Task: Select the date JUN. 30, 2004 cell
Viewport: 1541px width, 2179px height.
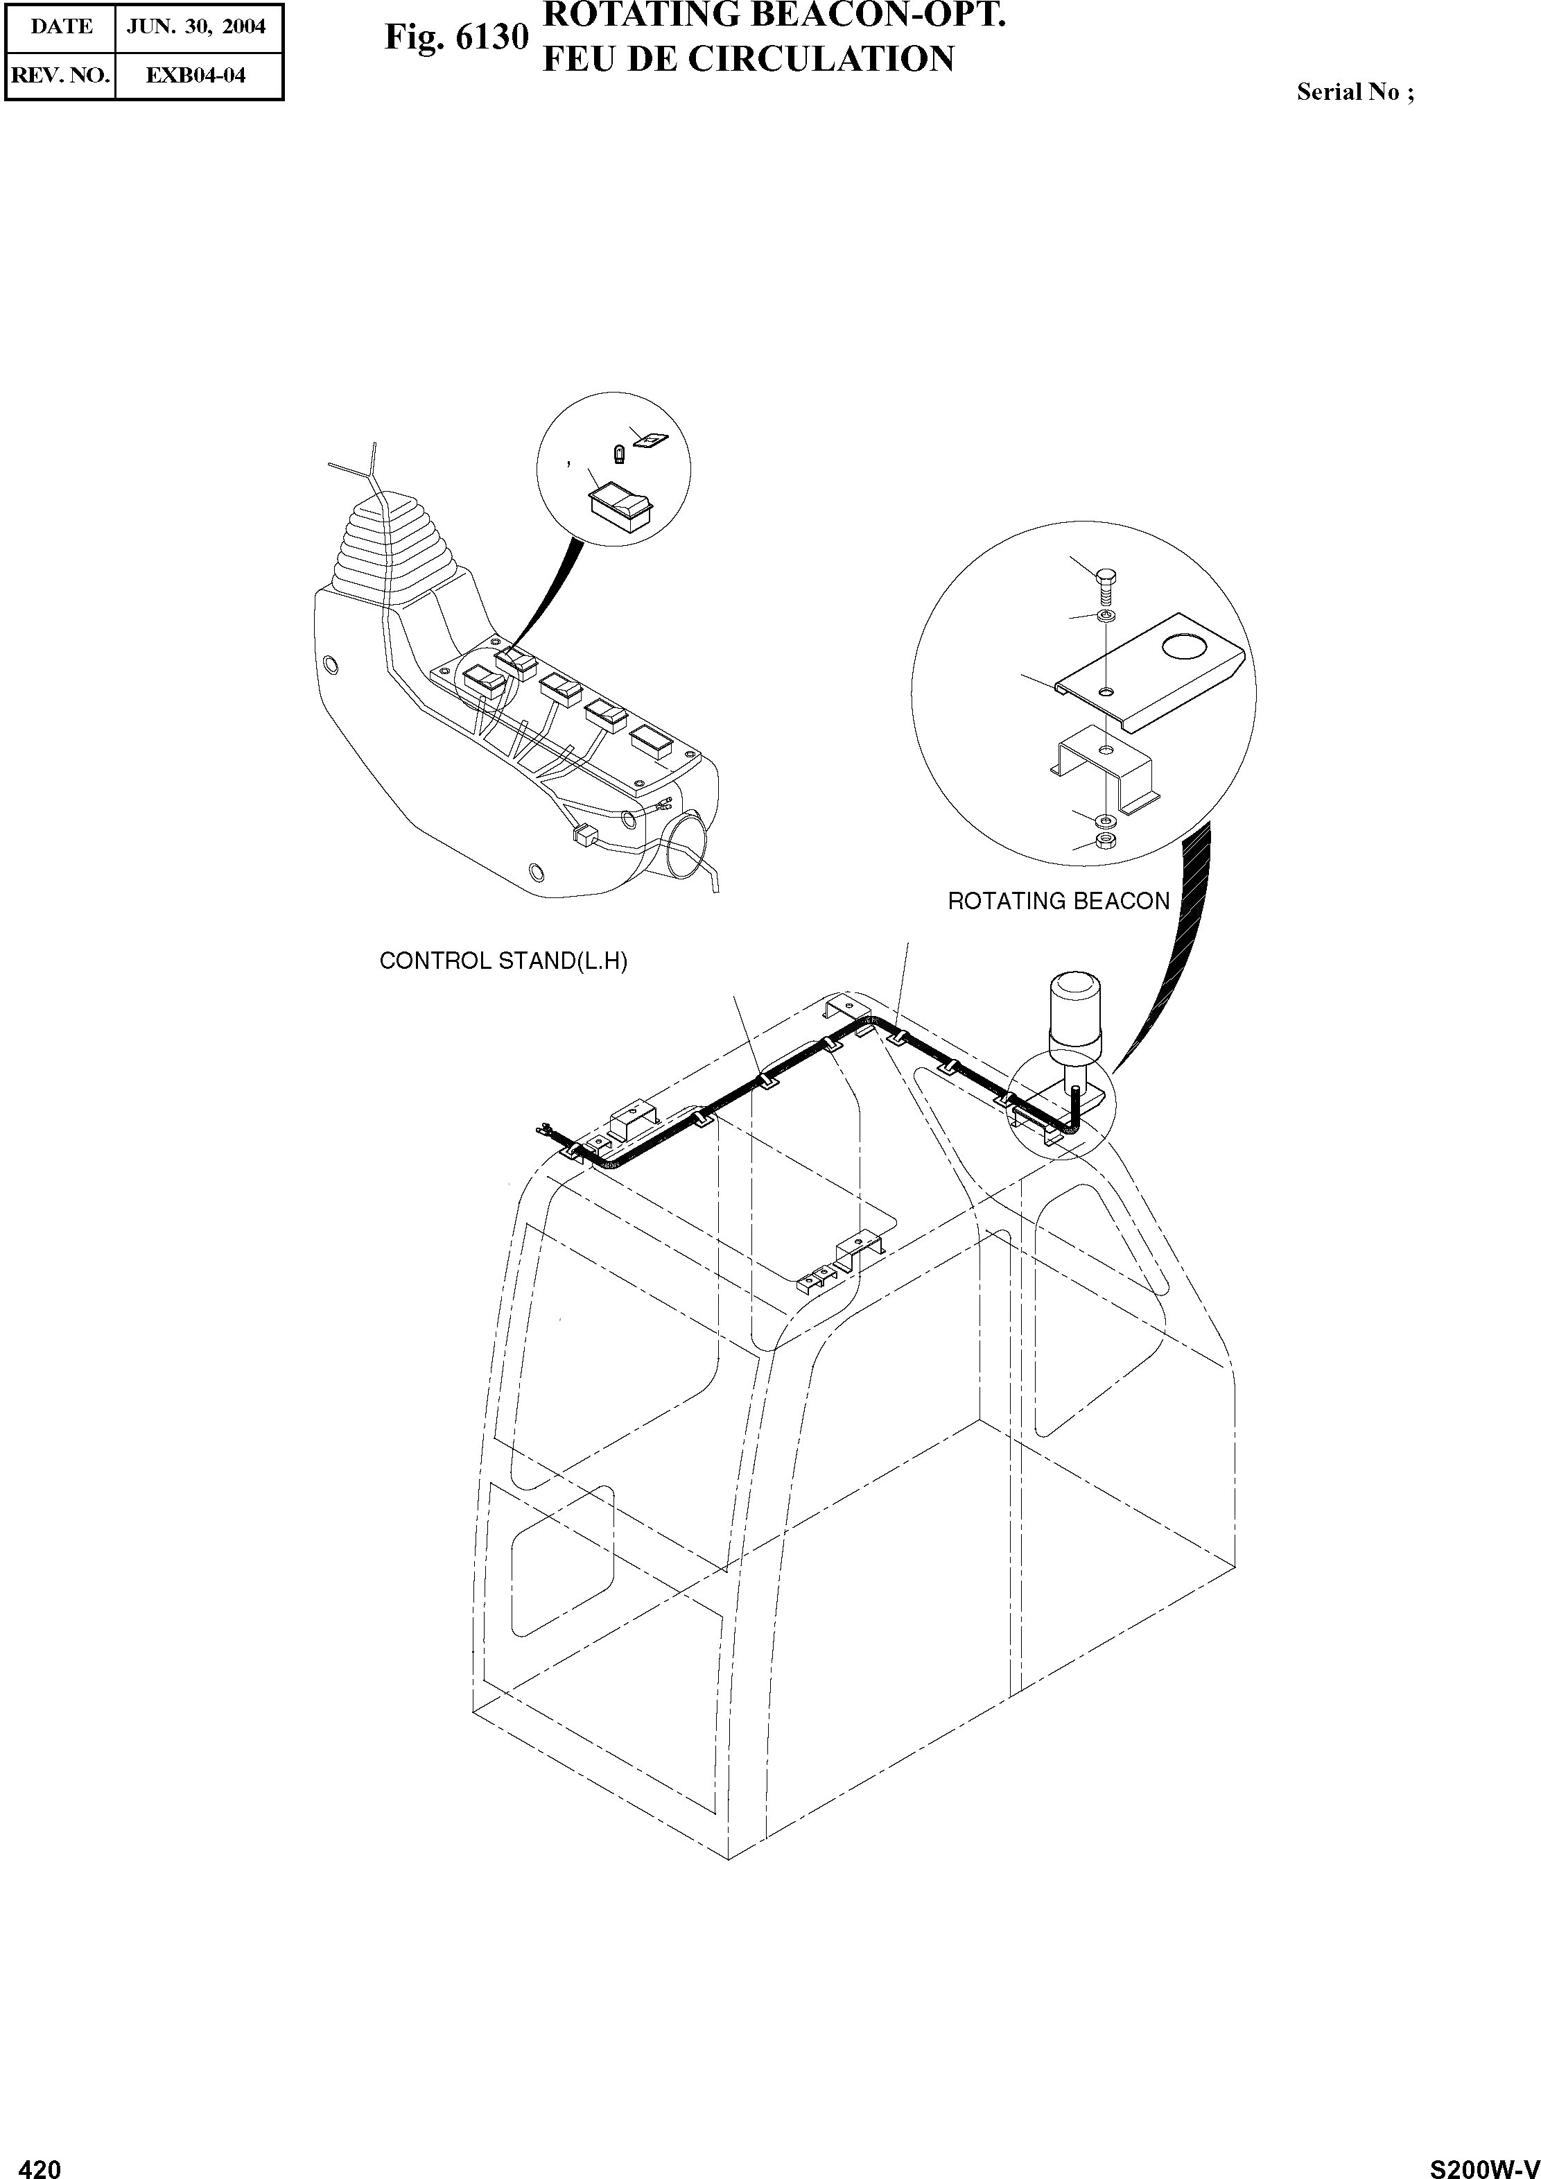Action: pos(198,26)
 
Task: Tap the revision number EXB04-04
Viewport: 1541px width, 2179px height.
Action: pos(198,76)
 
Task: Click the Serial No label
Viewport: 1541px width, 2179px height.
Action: pos(1355,92)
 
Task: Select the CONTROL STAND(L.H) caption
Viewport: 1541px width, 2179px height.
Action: pos(503,961)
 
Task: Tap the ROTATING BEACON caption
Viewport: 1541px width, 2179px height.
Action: pos(1058,902)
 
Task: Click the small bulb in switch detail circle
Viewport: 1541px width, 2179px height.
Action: pos(620,454)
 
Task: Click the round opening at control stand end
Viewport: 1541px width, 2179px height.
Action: pos(685,837)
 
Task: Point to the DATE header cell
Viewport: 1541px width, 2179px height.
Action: pos(61,26)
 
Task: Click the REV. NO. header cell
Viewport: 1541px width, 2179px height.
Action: pos(61,76)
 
